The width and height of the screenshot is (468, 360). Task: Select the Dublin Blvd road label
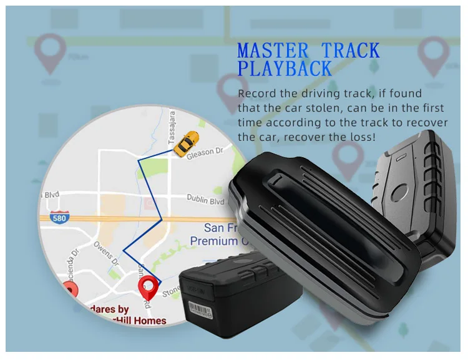pyautogui.click(x=205, y=200)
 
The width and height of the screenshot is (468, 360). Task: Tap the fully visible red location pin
pyautogui.click(x=148, y=289)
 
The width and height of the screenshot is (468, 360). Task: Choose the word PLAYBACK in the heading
pyautogui.click(x=284, y=68)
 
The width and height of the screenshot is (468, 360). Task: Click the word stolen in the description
pyautogui.click(x=321, y=108)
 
